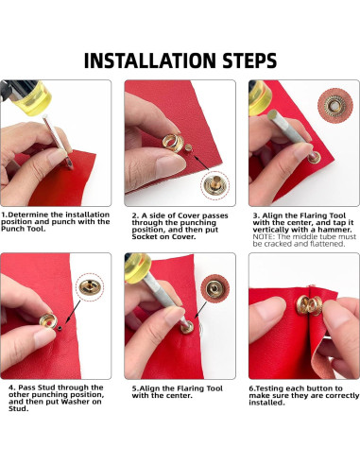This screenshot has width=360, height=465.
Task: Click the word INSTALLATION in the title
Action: [149, 60]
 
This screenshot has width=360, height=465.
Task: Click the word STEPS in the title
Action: [249, 60]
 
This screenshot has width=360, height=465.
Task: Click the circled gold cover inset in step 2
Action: [214, 185]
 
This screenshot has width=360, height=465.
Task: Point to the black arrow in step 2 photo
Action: [201, 162]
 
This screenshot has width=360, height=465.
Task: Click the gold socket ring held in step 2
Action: [173, 143]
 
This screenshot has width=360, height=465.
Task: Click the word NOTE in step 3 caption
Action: [264, 237]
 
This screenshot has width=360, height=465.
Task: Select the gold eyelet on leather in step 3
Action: [315, 157]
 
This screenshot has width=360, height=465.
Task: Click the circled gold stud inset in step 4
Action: [90, 287]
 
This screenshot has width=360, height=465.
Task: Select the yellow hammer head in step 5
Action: [138, 267]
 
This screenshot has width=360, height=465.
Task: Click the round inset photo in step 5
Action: [215, 289]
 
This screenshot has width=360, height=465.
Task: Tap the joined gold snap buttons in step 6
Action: [309, 305]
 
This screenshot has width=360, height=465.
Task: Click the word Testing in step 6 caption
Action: [269, 388]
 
